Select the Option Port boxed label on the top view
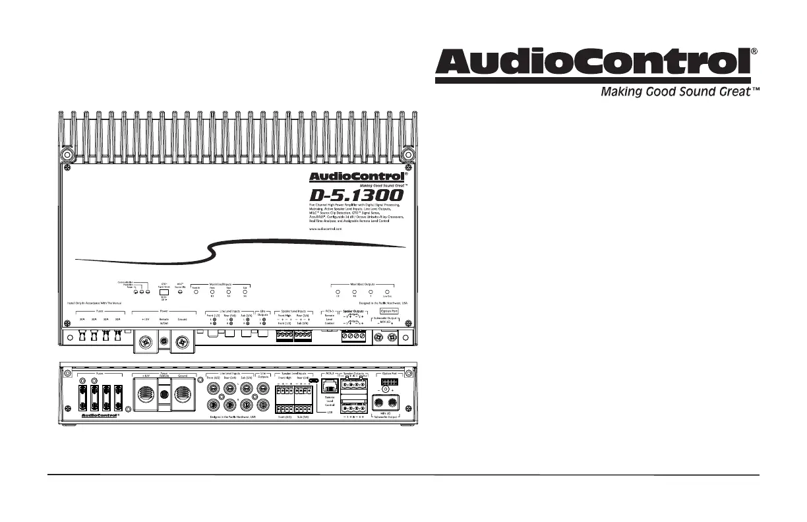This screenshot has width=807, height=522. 389,310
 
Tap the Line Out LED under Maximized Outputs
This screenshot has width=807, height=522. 387,291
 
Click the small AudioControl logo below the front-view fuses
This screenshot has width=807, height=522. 99,416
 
